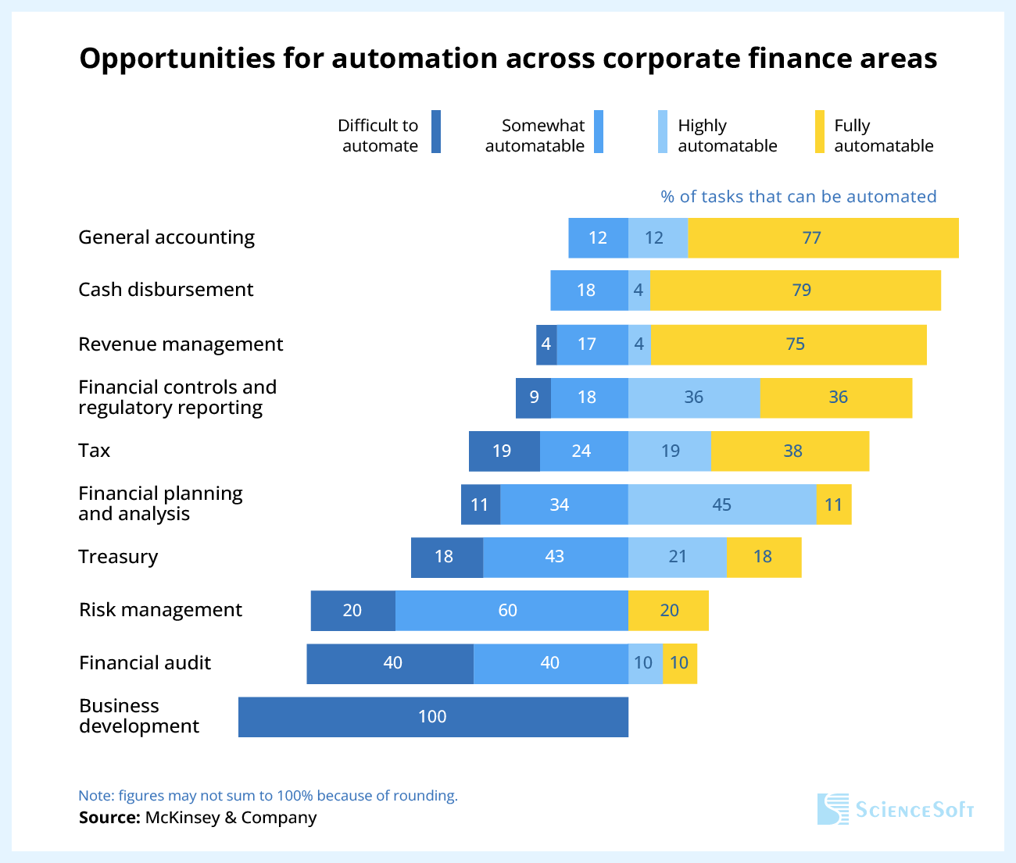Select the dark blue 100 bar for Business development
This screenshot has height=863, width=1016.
(433, 717)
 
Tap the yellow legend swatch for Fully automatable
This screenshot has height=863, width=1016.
(820, 132)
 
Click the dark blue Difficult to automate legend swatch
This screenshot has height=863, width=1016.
(436, 132)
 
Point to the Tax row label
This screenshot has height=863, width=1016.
(95, 451)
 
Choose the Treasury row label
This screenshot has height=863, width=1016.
(118, 557)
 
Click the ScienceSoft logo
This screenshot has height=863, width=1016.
(896, 809)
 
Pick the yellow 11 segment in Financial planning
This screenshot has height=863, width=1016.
(834, 505)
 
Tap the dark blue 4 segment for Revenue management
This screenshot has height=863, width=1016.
(546, 344)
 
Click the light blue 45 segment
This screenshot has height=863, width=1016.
(722, 505)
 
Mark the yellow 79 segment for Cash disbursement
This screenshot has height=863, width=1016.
(795, 291)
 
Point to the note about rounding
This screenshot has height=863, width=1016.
(268, 796)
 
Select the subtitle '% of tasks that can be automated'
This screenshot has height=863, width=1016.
(798, 197)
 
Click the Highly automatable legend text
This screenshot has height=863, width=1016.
(727, 136)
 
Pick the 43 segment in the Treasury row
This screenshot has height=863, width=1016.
(555, 557)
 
